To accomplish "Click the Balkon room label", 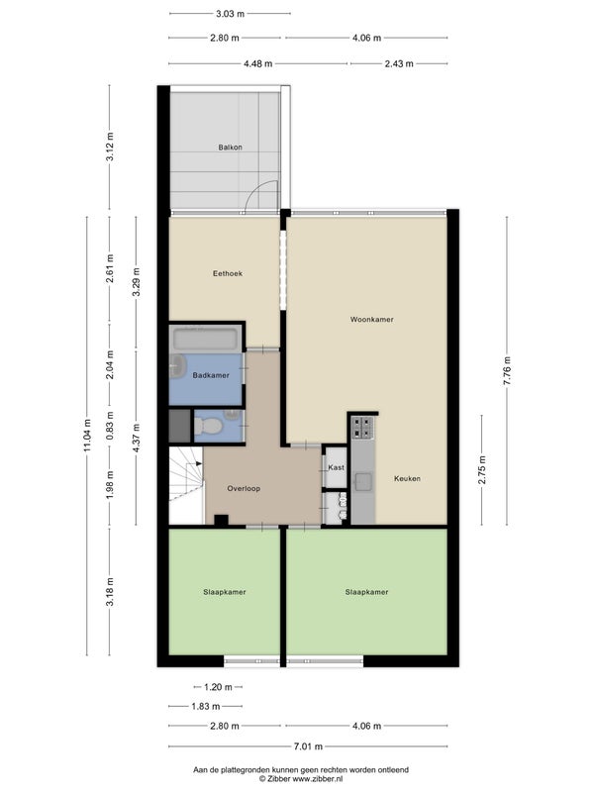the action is (x=230, y=148).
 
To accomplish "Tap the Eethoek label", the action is (x=228, y=273).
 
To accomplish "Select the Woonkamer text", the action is (x=372, y=319).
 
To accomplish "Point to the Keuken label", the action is (x=407, y=478).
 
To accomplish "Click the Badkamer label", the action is (x=211, y=375).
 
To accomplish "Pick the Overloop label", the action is (x=244, y=488).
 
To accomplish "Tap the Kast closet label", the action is (x=336, y=467).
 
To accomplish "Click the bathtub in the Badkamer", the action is (x=205, y=339).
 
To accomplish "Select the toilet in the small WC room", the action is (x=208, y=427).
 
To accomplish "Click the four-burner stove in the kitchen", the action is (x=362, y=428).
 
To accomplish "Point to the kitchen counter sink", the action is (x=362, y=482).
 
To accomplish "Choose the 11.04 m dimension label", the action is (x=87, y=435).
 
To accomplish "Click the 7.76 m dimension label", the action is (x=507, y=370).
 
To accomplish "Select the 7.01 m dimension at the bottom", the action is (x=308, y=746).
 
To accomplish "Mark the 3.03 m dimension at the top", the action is (x=230, y=14).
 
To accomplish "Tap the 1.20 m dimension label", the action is (x=218, y=687).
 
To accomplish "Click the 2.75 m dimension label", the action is (x=482, y=469).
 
